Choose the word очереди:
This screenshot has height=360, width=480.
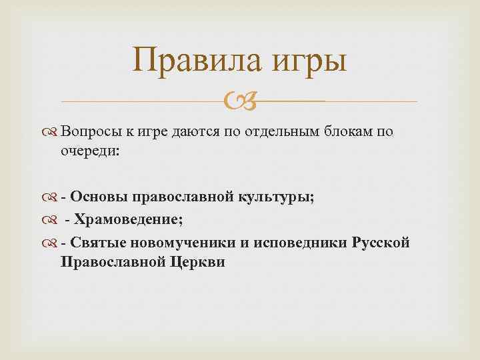90,151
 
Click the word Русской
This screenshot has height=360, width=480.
379,242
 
